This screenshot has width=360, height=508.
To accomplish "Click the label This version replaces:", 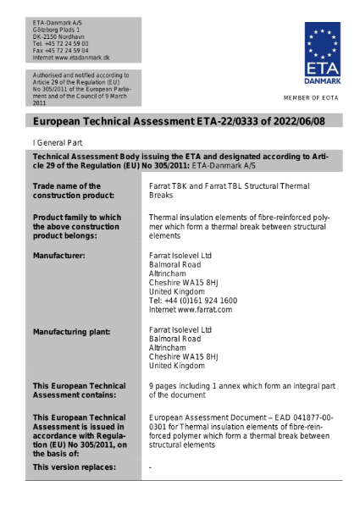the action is [x=74, y=467].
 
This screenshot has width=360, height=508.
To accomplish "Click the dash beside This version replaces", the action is [x=150, y=467].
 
